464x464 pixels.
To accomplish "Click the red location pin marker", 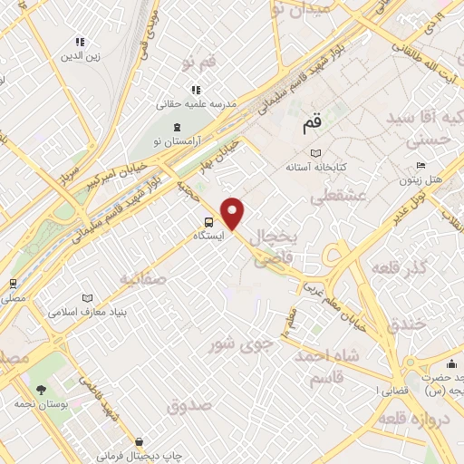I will [x=234, y=212].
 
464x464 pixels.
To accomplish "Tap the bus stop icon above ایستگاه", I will [x=209, y=221].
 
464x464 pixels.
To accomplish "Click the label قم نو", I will [x=198, y=63].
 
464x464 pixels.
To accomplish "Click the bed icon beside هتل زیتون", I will [x=419, y=165].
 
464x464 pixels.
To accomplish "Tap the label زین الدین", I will [x=78, y=56].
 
